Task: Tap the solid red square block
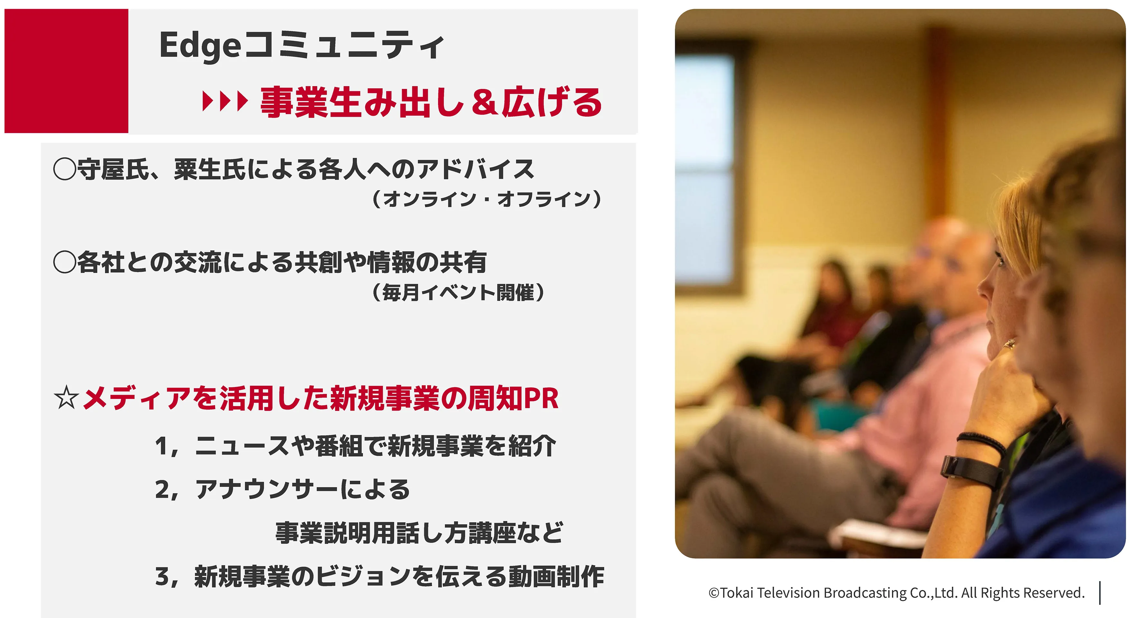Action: pos(66,71)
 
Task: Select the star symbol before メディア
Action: pos(66,398)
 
